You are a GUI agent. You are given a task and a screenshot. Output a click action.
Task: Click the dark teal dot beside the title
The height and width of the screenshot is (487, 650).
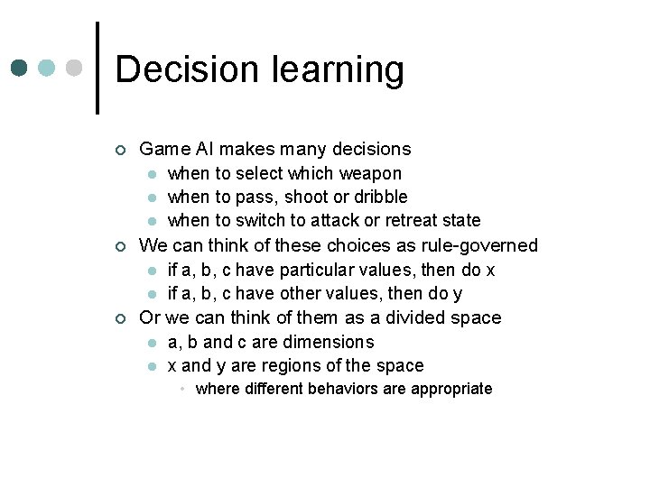click(x=19, y=69)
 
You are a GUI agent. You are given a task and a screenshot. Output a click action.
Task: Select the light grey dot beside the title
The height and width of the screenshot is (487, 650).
click(x=75, y=69)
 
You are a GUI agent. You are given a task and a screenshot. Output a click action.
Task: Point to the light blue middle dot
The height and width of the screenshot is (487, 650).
click(x=47, y=69)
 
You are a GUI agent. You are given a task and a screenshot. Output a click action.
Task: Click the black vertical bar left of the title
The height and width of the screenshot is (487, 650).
click(x=97, y=69)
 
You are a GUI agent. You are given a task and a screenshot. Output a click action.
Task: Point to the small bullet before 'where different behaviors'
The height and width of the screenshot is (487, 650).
click(x=181, y=389)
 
